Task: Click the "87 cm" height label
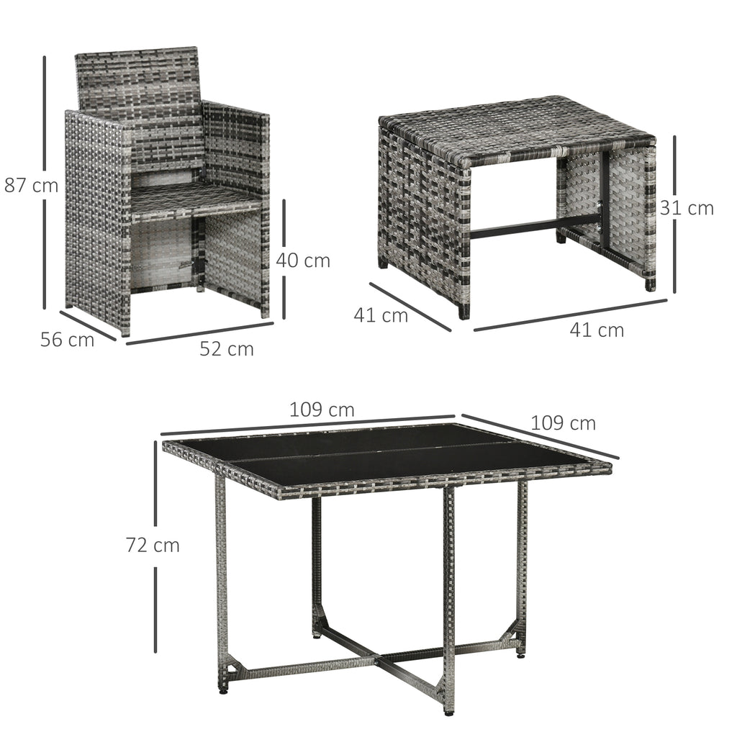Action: click(31, 185)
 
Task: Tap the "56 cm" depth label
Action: click(67, 340)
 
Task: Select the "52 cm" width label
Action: click(227, 349)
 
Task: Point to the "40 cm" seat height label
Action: click(303, 260)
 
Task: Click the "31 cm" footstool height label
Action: click(687, 208)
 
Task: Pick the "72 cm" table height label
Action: click(153, 546)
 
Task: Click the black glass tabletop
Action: click(386, 456)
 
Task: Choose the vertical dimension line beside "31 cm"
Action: click(674, 214)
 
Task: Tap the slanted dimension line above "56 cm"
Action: click(88, 325)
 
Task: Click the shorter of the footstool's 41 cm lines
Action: click(410, 307)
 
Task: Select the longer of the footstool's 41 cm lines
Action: click(571, 315)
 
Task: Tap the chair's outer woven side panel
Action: click(96, 221)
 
